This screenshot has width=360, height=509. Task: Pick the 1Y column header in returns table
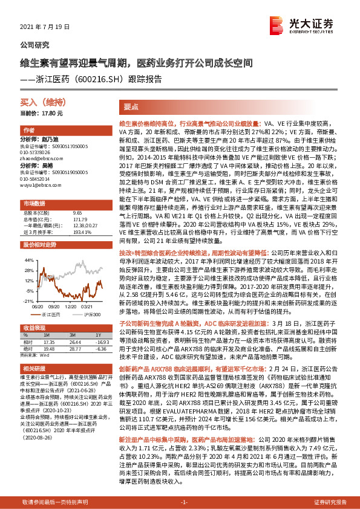pos(97,337)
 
